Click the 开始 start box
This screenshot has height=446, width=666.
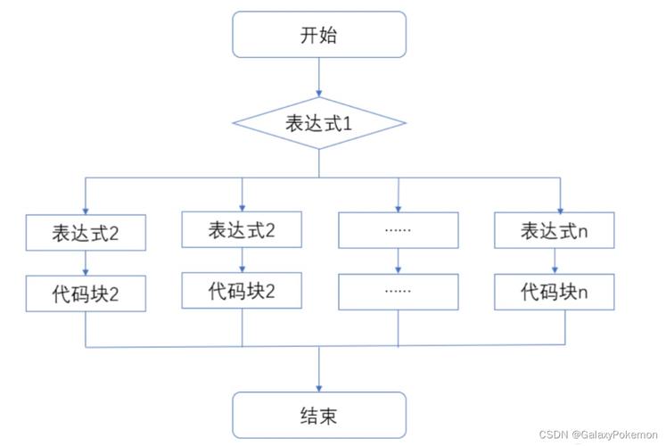click(x=319, y=36)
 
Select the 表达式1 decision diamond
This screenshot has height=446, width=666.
click(x=319, y=122)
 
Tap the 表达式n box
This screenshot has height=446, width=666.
click(x=554, y=230)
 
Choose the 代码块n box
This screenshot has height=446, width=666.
click(x=554, y=291)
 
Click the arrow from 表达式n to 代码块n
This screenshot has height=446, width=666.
click(x=555, y=260)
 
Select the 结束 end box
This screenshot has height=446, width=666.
click(x=319, y=415)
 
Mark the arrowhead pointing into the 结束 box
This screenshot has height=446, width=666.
click(x=319, y=385)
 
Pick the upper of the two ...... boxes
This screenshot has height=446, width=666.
click(x=398, y=230)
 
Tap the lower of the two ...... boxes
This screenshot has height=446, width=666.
click(x=398, y=291)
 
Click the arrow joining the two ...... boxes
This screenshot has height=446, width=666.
click(x=398, y=260)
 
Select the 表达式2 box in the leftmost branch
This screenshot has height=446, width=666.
click(x=86, y=234)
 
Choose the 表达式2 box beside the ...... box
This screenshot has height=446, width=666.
click(x=242, y=230)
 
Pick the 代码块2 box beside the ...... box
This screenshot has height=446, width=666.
click(x=242, y=291)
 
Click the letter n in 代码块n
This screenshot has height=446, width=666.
click(x=581, y=292)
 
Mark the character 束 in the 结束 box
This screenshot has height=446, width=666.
click(x=329, y=416)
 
